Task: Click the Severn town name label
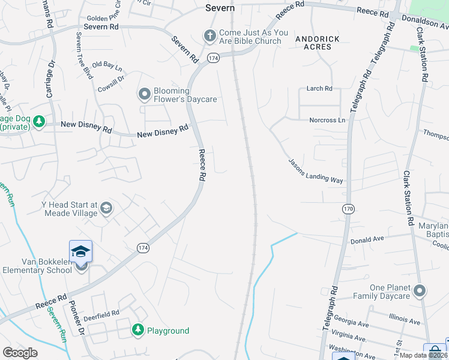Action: coord(220,8)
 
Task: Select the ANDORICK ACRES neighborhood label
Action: coord(318,43)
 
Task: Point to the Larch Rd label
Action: coord(319,89)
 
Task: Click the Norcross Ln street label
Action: coord(327,120)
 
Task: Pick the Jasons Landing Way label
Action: coord(315,171)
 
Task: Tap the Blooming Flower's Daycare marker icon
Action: coord(144,94)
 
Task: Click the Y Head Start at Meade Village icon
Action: coord(106,208)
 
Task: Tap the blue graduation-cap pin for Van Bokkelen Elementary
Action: coord(80,252)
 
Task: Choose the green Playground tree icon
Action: coord(138,330)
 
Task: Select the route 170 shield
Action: coord(348,209)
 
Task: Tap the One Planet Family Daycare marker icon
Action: coord(420,292)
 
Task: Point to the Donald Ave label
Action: coord(367,240)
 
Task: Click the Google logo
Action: coord(20,353)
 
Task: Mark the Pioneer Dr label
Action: coord(76,319)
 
